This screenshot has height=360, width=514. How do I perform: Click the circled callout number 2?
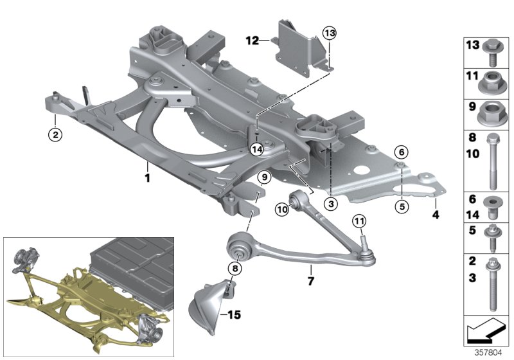(56, 134)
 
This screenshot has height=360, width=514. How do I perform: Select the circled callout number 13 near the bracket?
(329, 33)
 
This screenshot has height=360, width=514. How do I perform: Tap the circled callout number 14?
(257, 149)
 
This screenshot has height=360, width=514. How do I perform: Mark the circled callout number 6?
(400, 152)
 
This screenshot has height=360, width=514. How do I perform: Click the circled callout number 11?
(359, 222)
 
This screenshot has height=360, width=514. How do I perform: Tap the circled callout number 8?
(235, 267)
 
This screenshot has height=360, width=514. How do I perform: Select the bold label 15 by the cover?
(233, 314)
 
